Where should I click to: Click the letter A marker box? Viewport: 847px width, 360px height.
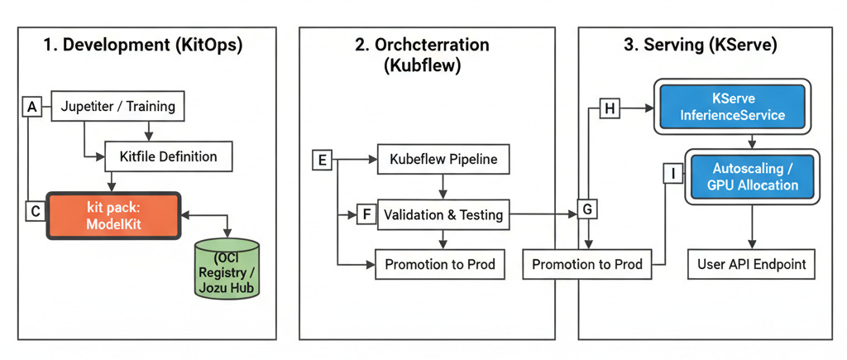[32, 107]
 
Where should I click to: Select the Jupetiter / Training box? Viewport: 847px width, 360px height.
[118, 107]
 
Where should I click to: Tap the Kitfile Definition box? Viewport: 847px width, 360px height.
[169, 156]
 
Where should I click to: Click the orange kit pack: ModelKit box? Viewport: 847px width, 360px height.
[113, 215]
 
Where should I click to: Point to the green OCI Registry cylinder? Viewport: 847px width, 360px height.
[226, 268]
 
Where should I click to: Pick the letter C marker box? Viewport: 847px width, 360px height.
[35, 212]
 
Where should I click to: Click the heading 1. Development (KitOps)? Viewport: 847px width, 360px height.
[143, 46]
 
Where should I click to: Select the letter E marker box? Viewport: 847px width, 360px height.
[322, 160]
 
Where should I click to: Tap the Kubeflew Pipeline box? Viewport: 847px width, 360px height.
[443, 159]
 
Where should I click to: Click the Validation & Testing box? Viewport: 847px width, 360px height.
[443, 214]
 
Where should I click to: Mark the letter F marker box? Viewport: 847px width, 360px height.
[366, 214]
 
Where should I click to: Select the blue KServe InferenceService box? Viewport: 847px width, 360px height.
[731, 106]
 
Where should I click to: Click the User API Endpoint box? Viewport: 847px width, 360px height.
[751, 266]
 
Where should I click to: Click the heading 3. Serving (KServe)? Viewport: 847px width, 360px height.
[700, 46]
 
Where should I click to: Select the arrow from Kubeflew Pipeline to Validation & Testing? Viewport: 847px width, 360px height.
[443, 186]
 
